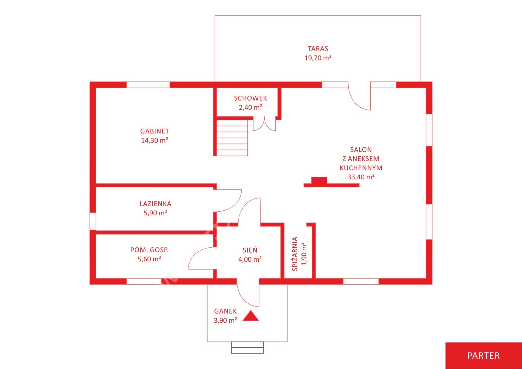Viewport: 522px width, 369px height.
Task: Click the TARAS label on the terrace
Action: point(318,49)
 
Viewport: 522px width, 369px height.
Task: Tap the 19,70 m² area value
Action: point(318,58)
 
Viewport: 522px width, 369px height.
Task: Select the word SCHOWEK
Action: point(250,98)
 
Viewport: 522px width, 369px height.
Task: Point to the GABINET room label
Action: point(155,131)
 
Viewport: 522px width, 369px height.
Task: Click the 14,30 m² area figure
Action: point(155,140)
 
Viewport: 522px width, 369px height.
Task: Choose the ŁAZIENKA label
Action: point(155,204)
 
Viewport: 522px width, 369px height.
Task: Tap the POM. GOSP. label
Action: point(149,250)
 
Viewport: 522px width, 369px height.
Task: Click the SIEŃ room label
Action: point(250,250)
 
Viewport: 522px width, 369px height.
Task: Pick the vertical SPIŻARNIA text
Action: point(295,254)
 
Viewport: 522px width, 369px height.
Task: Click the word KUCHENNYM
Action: point(361,168)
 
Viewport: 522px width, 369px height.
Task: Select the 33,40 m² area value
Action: point(361,177)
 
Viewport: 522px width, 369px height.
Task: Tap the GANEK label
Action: point(225,311)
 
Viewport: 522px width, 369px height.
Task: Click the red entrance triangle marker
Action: point(251,316)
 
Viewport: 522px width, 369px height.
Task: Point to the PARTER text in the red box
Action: point(483,356)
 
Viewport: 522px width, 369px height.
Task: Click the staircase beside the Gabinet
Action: point(232,138)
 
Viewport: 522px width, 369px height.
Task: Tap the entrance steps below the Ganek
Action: point(247,348)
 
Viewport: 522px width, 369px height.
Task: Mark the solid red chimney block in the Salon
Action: point(319,181)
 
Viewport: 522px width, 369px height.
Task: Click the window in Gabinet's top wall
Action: point(148,85)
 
